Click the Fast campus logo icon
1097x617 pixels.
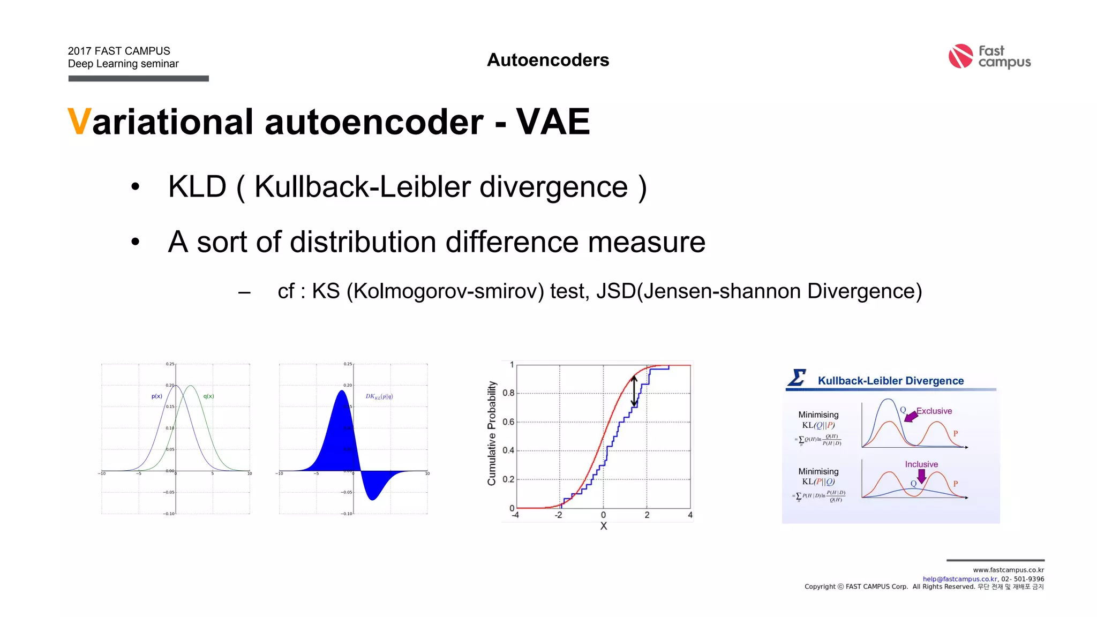[960, 56]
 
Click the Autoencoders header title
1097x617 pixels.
[548, 60]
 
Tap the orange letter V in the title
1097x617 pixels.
[79, 122]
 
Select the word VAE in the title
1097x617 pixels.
[553, 122]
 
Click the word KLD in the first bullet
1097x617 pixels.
[197, 187]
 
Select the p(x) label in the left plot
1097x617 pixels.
[156, 396]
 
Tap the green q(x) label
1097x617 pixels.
[208, 396]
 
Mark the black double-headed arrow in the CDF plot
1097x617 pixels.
[634, 391]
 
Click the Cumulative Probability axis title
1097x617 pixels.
[492, 433]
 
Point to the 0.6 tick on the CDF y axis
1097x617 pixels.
[508, 422]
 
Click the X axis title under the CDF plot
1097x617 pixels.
[604, 526]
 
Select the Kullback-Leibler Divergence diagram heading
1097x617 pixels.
[890, 381]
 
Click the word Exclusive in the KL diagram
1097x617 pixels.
[934, 411]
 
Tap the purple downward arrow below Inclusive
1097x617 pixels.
[921, 476]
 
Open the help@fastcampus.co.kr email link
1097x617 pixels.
[960, 579]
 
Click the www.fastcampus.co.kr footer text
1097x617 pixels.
[1008, 570]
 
